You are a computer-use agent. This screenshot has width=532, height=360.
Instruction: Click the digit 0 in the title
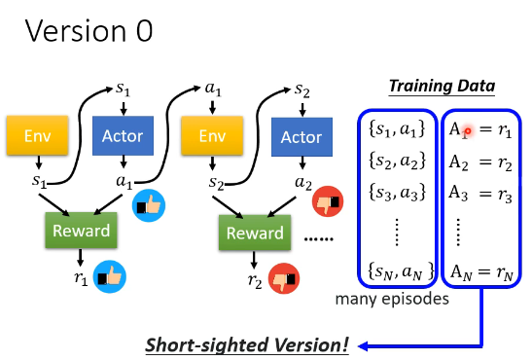pos(144,31)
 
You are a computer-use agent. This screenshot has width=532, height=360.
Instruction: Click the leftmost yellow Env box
pos(37,135)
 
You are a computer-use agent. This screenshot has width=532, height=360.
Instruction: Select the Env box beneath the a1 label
pos(212,135)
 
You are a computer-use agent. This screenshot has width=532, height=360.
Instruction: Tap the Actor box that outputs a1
pos(123,135)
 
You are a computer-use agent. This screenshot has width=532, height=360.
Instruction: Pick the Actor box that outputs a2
pos(301,137)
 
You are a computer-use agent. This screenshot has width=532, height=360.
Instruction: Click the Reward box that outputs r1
pos(81,231)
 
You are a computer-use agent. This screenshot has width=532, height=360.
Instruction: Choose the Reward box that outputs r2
pos(255,233)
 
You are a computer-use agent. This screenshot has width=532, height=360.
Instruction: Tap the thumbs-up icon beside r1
pos(110,277)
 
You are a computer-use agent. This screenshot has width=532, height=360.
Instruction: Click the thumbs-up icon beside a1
pos(149,205)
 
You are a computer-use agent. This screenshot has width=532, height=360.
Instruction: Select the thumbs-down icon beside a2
pos(328,201)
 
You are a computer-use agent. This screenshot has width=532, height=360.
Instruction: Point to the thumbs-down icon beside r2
pos(284,278)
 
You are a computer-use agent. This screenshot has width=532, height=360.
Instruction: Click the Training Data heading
pos(442,87)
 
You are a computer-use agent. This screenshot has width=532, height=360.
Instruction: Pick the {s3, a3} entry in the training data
pos(397,192)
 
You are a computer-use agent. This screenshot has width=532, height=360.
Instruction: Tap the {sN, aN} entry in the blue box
pos(401,271)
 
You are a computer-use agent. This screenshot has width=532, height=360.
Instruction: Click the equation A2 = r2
pos(480,162)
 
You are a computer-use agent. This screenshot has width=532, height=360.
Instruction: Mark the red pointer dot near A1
pos(468,131)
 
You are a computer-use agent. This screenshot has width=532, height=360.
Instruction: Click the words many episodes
pos(392,300)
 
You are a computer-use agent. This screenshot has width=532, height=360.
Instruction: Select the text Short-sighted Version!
pos(247,345)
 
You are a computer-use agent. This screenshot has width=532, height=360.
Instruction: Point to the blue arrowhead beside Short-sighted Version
pos(363,346)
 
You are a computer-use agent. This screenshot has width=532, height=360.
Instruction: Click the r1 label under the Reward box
pos(81,278)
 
